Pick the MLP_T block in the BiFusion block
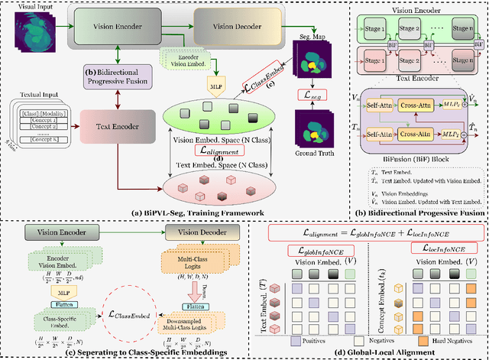452,143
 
